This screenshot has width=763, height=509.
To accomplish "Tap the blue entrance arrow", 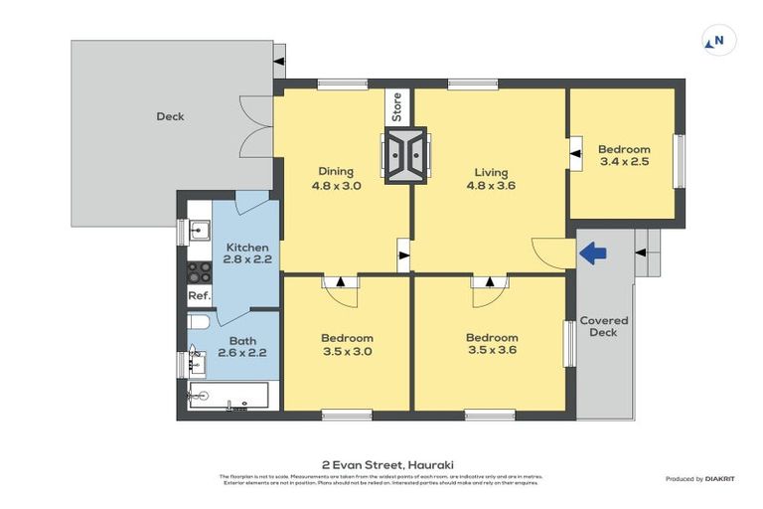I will pos(593,254).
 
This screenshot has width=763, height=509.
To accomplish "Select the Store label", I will pos(397,106).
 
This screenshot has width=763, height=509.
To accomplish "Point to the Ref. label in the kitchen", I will pos(199,296).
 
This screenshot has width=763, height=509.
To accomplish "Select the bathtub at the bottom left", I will pos(229,396).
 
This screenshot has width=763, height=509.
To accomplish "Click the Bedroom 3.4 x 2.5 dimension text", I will pos(624,161).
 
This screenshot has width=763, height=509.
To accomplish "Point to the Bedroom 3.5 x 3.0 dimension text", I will pos(348,351).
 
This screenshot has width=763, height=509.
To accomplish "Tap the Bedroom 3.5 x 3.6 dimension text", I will pos(492,350).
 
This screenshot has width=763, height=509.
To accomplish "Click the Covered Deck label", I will pos(603,326).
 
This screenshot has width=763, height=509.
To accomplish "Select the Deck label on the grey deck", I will pos(170,116).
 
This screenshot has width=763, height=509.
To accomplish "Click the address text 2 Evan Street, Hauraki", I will pos(381,463).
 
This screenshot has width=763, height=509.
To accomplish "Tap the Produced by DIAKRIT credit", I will pos(706,479).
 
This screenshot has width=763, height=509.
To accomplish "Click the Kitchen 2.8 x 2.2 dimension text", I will pos(247,259).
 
